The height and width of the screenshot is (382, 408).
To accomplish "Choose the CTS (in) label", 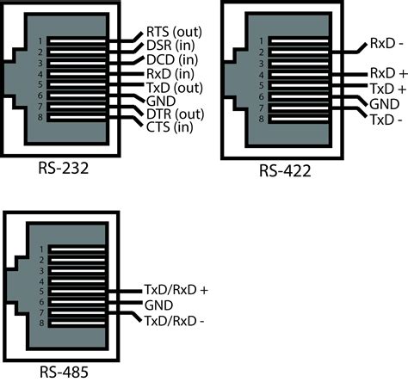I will click(169, 128).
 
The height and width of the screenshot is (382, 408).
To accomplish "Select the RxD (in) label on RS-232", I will click(169, 75).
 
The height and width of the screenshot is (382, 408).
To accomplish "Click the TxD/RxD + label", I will click(176, 291).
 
